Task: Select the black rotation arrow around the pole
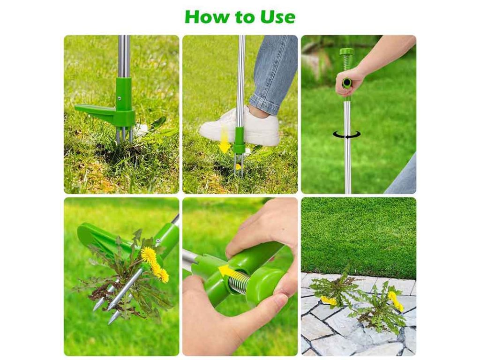(346, 135)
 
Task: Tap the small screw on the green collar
(119, 98)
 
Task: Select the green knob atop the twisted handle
(346, 52)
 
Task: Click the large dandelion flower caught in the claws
(149, 255)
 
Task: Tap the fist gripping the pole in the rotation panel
(349, 82)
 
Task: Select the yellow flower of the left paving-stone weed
(328, 300)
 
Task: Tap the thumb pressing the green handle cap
(275, 306)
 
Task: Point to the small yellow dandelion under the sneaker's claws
(238, 167)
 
